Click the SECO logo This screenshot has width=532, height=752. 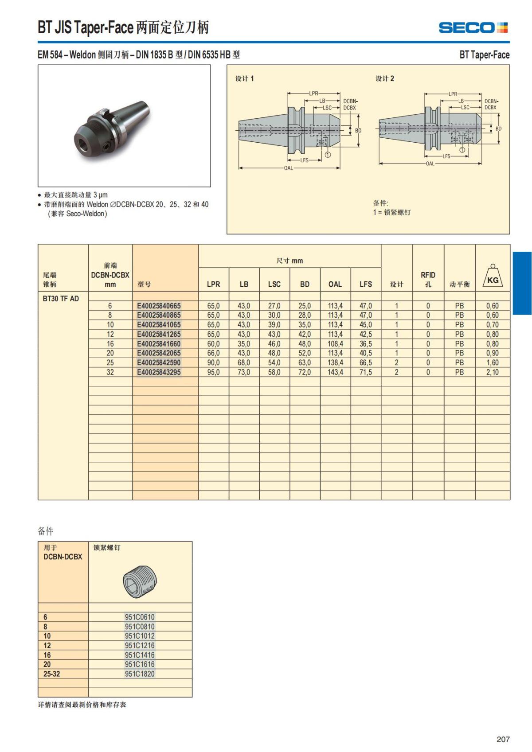[473, 27]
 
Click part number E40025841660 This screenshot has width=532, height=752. [159, 344]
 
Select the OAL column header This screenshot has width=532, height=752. [335, 284]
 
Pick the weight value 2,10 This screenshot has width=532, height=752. [492, 372]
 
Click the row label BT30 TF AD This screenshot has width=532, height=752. [61, 299]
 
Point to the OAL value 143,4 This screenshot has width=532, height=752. [335, 372]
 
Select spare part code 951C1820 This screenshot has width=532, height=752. [140, 674]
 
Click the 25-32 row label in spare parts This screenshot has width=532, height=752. [51, 674]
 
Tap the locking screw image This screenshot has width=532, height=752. [140, 581]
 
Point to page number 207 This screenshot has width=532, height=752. [503, 739]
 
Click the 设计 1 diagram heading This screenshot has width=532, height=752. [244, 78]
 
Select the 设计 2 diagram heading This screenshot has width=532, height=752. [385, 78]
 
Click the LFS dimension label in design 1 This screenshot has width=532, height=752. [304, 160]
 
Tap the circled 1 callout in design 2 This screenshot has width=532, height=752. [462, 150]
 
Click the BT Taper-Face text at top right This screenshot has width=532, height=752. [484, 55]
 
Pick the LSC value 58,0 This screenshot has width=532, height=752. [274, 372]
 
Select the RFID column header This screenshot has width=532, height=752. [428, 279]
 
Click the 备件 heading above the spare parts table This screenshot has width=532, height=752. [46, 531]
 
